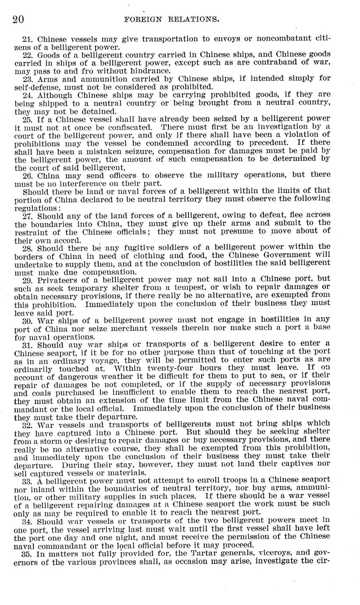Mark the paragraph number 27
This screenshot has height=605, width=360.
[x=28, y=216]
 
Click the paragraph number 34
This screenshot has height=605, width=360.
[x=28, y=521]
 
